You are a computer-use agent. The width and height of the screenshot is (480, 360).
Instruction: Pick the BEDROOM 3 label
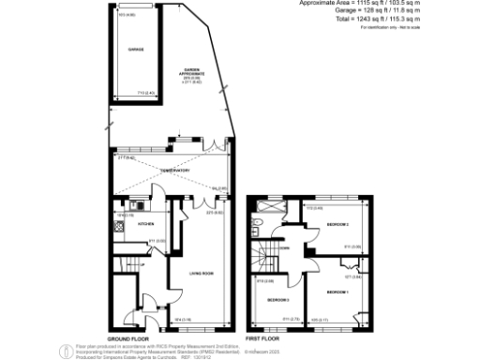click(x=277, y=300)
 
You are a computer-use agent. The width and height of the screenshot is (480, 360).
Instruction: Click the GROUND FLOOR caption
click(x=124, y=337)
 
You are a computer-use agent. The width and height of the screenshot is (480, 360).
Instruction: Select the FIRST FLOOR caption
click(x=266, y=337)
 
